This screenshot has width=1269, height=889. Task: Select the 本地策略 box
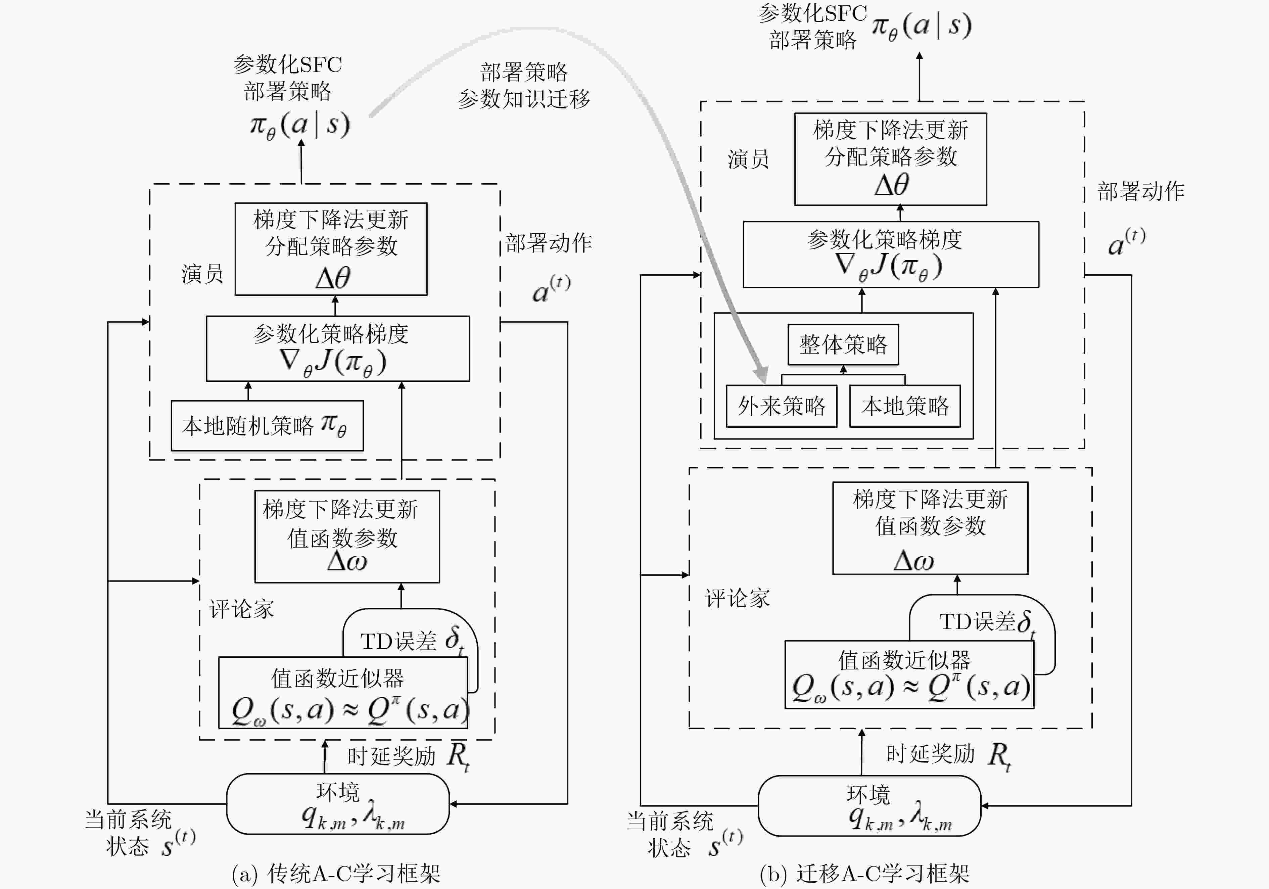pyautogui.click(x=905, y=406)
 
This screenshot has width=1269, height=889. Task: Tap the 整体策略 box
pyautogui.click(x=843, y=344)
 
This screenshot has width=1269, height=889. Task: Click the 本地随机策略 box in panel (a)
pyautogui.click(x=267, y=426)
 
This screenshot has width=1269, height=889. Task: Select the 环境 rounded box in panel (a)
pyautogui.click(x=338, y=804)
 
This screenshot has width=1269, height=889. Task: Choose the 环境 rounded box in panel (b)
pyautogui.click(x=869, y=805)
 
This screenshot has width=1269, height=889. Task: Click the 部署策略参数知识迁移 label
pyautogui.click(x=524, y=86)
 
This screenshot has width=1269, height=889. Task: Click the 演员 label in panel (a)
pyautogui.click(x=202, y=274)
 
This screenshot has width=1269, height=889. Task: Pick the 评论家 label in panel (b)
pyautogui.click(x=737, y=598)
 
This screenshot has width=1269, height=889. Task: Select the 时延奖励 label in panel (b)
pyautogui.click(x=931, y=754)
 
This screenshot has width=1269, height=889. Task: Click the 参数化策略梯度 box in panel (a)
pyautogui.click(x=338, y=348)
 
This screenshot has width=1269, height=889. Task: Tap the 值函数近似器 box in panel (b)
pyautogui.click(x=909, y=674)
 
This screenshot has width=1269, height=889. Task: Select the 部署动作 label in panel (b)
pyautogui.click(x=1141, y=191)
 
